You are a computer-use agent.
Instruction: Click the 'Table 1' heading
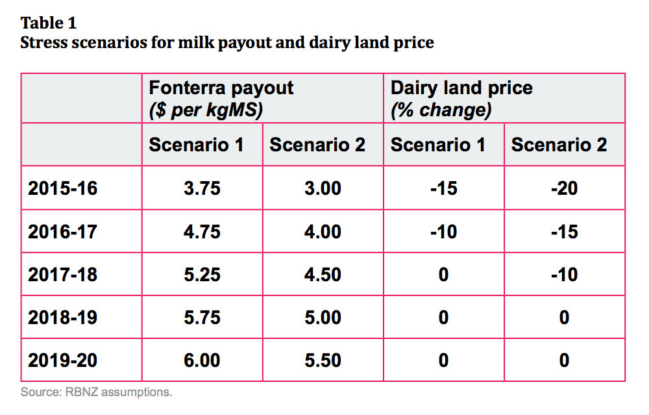(x=49, y=23)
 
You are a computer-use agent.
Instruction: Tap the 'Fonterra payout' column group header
(x=221, y=88)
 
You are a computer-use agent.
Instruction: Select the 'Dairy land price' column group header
(x=461, y=88)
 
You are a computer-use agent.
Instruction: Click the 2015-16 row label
(x=62, y=188)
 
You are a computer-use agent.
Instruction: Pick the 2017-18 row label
(x=62, y=274)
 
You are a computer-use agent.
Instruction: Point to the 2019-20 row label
(x=62, y=360)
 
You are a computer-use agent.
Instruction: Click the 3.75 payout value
(x=202, y=188)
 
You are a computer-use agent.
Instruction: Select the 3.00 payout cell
(x=323, y=188)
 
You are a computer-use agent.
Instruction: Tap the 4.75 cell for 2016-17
(x=202, y=231)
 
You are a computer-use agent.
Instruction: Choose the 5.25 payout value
(x=202, y=274)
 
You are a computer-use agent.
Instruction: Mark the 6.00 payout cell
(x=202, y=360)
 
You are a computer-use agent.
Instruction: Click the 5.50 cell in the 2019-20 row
(x=323, y=360)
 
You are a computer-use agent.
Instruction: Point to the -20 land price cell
(x=563, y=188)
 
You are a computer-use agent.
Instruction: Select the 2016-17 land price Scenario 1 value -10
(x=443, y=231)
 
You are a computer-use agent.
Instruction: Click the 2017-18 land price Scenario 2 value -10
(x=563, y=274)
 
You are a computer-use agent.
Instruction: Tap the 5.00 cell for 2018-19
(x=323, y=317)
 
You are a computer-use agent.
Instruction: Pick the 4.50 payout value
(x=323, y=274)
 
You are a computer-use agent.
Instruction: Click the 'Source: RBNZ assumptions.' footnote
(x=96, y=392)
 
